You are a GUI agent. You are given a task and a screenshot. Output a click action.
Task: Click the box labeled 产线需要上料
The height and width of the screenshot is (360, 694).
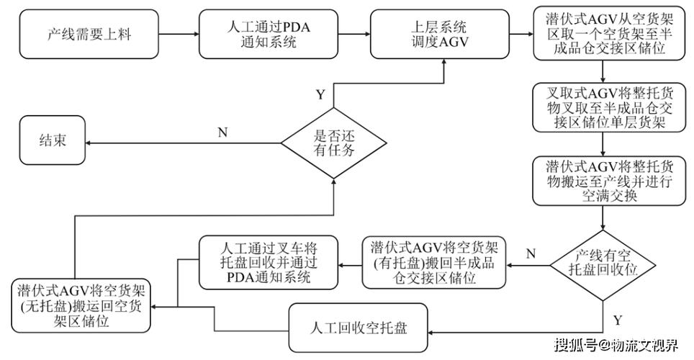tap(89, 34)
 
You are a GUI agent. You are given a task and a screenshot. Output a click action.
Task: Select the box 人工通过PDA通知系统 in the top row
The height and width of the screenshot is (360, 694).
tap(269, 34)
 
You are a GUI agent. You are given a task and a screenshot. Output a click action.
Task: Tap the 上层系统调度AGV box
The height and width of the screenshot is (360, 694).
tap(439, 34)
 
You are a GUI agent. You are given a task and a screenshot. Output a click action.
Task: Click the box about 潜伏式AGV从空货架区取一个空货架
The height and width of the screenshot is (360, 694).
tap(610, 33)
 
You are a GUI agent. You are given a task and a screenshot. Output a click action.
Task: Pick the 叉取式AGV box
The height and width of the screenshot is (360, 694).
tap(610, 107)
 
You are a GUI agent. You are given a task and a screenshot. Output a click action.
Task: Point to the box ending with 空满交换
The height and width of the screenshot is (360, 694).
tap(610, 181)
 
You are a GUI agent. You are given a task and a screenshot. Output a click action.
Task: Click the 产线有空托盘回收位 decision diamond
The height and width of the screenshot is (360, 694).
tap(603, 266)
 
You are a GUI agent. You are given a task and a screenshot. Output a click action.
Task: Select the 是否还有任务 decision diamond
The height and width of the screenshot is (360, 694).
tap(334, 143)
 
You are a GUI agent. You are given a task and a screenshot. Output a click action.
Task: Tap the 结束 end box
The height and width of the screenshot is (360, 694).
tap(53, 140)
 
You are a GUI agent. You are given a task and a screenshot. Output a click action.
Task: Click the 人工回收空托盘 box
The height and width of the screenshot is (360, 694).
tap(359, 328)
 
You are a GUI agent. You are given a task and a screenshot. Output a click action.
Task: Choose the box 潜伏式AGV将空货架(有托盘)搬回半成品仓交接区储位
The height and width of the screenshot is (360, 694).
tap(433, 263)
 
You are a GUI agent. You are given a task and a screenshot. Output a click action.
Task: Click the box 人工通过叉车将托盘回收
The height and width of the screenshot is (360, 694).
tap(269, 263)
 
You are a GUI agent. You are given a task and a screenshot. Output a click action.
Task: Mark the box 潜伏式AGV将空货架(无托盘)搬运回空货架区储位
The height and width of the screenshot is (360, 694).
tap(81, 306)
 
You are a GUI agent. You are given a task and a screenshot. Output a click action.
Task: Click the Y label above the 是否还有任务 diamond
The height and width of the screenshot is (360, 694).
tap(320, 95)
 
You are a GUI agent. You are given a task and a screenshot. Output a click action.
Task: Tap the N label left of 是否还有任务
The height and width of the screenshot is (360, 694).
tap(222, 132)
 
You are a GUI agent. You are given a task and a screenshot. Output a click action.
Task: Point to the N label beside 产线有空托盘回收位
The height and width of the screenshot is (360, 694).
tap(531, 253)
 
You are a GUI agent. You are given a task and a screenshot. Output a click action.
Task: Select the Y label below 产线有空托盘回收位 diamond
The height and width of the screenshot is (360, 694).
tap(618, 320)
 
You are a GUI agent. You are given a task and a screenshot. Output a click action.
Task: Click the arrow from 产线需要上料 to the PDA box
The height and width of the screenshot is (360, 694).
tap(179, 34)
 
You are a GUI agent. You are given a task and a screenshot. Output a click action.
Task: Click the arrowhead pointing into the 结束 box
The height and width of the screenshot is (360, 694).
tap(88, 143)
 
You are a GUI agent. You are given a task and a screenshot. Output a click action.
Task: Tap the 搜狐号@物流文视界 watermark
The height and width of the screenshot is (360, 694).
tap(617, 344)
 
